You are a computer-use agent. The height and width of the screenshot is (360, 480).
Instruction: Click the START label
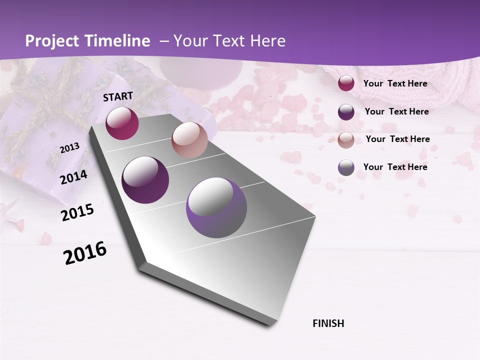pos(118,96)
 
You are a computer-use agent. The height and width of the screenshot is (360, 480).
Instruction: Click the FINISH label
pos(328,323)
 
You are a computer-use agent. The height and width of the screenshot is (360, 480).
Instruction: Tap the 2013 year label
pos(70,148)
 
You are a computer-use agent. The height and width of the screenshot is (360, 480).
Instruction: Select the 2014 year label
pos(73,177)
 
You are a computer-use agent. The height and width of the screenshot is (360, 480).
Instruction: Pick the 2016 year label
pos(85,253)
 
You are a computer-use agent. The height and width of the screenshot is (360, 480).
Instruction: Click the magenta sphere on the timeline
pos(122,123)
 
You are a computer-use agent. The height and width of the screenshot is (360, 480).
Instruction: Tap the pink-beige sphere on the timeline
pos(189,140)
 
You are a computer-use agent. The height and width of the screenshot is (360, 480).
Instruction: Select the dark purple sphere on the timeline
pos(145,180)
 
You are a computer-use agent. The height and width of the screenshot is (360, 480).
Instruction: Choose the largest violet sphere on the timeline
pos(216,208)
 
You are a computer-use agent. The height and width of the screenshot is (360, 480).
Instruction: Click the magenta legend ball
pos(346,83)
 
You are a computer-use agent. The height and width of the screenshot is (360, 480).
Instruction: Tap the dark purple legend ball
pos(346,111)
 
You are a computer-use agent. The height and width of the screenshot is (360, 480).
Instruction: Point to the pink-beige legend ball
pos(346,139)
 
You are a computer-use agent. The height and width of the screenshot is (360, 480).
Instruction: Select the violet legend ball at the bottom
pos(346,167)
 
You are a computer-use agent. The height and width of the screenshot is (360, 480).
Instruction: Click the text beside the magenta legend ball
pos(395,83)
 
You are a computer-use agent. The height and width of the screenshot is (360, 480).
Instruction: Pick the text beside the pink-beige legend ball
pos(397,139)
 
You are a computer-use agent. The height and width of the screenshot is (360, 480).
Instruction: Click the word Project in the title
pos(51,41)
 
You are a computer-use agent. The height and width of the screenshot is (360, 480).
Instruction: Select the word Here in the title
pos(267,41)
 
